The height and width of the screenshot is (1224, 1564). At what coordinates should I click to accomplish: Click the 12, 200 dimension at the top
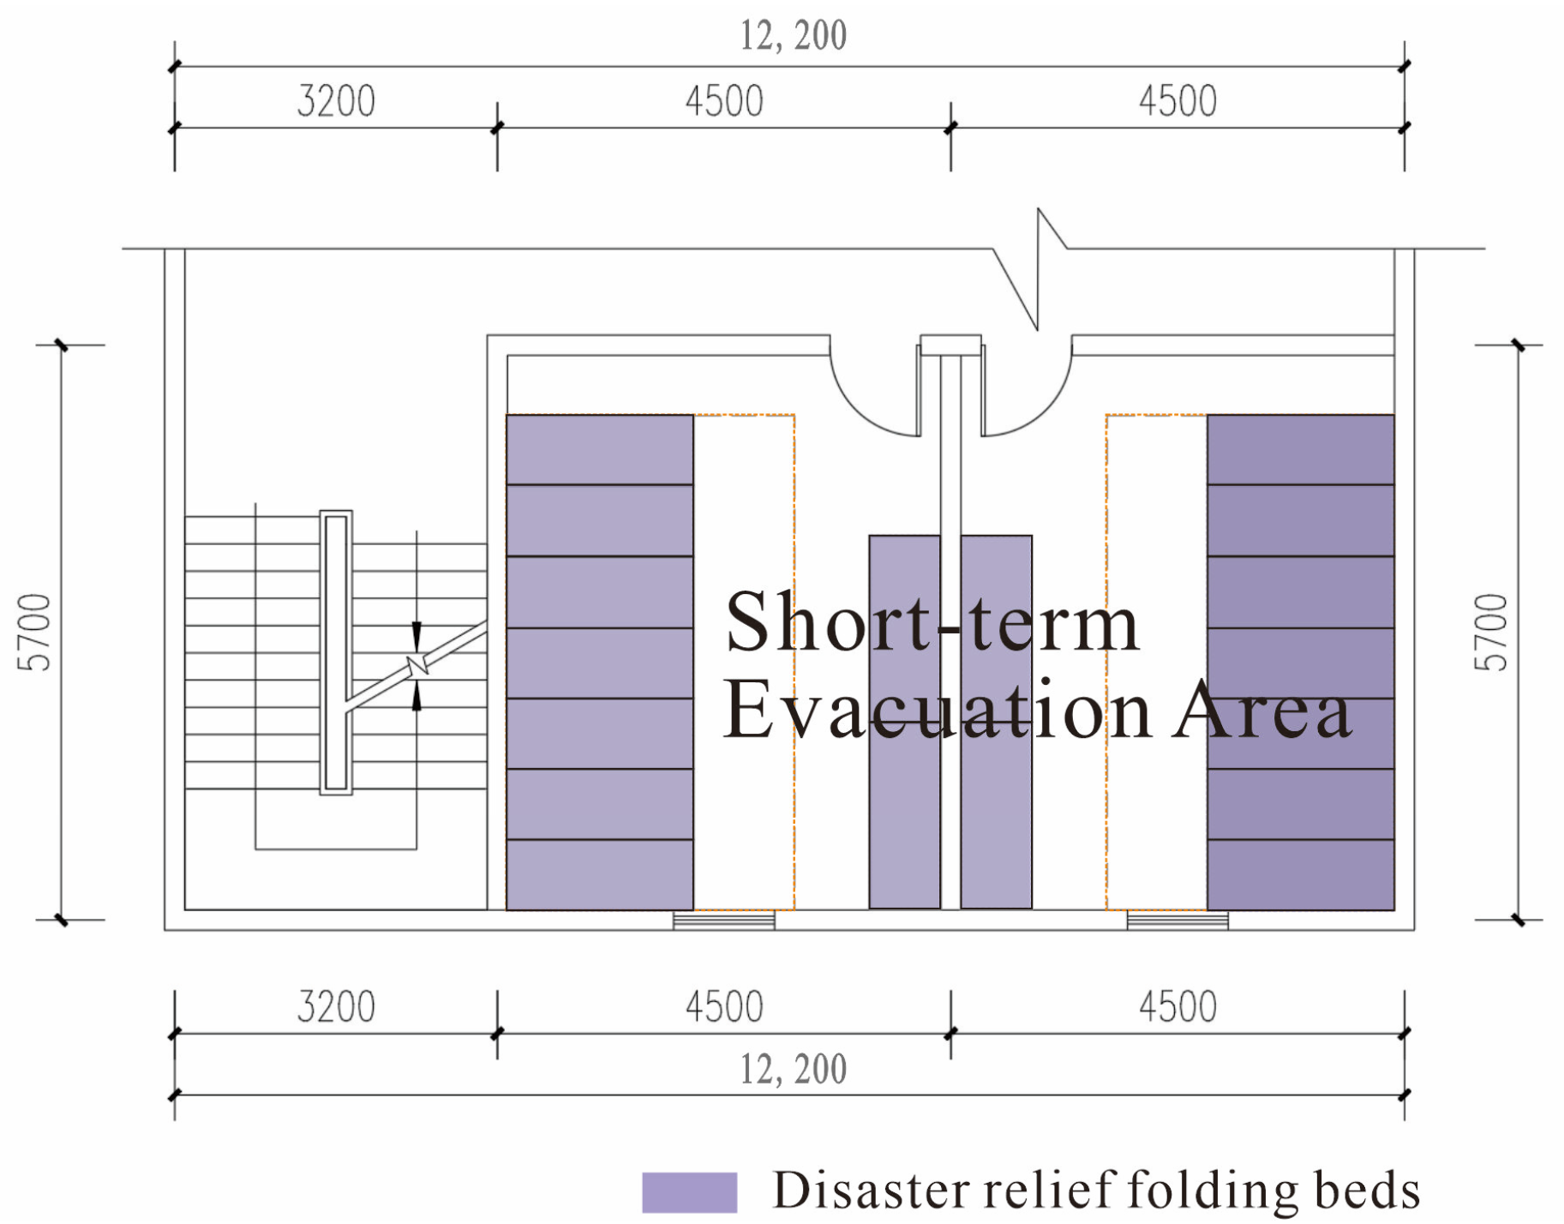[793, 36]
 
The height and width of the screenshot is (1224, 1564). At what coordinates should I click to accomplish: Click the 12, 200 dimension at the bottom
[793, 1070]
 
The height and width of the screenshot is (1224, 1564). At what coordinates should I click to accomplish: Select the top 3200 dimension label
[336, 101]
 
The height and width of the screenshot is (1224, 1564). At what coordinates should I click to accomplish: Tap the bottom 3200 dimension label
[336, 1007]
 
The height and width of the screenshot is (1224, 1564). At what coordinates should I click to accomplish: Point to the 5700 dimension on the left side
[34, 632]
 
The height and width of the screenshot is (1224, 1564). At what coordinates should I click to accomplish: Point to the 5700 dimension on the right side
[1491, 632]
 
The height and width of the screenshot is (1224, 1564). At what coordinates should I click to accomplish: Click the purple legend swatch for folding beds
[689, 1192]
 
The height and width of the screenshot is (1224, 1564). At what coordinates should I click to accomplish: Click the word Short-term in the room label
[932, 623]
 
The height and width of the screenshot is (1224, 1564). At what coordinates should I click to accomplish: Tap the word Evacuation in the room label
[937, 711]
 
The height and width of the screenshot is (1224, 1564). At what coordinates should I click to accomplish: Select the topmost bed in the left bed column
[599, 450]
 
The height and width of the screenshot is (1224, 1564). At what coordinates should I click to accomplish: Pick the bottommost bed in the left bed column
[599, 875]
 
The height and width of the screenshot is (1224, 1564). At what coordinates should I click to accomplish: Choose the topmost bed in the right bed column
[1300, 450]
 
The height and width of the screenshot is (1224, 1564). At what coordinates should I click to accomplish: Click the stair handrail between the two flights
[336, 652]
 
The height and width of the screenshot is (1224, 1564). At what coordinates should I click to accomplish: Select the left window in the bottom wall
[723, 921]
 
